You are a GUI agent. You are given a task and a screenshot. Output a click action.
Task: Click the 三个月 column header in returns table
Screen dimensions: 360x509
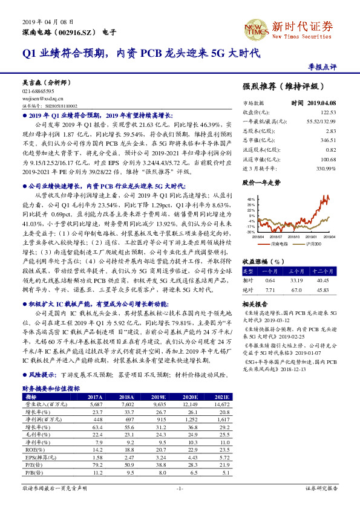pos(296,271)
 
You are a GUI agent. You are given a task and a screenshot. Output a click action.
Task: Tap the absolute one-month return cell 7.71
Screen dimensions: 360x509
pos(270,290)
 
